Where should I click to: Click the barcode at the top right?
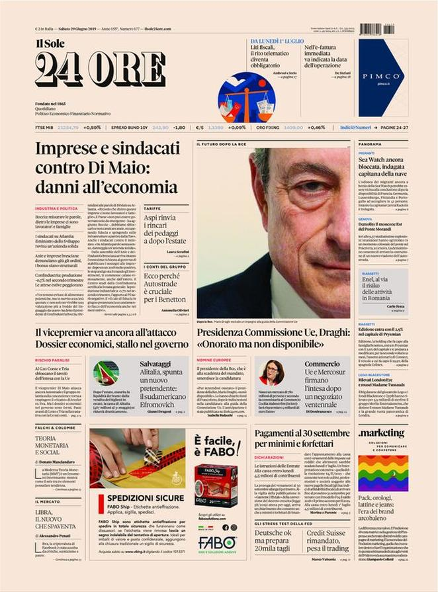point(376,29)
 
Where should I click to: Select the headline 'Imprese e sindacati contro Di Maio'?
point(106,167)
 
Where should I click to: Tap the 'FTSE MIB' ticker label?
point(44,127)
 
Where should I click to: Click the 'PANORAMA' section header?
point(370,144)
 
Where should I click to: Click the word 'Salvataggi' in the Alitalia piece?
point(145,364)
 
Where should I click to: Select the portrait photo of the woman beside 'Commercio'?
point(272,372)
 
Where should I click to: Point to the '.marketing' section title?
point(380,433)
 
